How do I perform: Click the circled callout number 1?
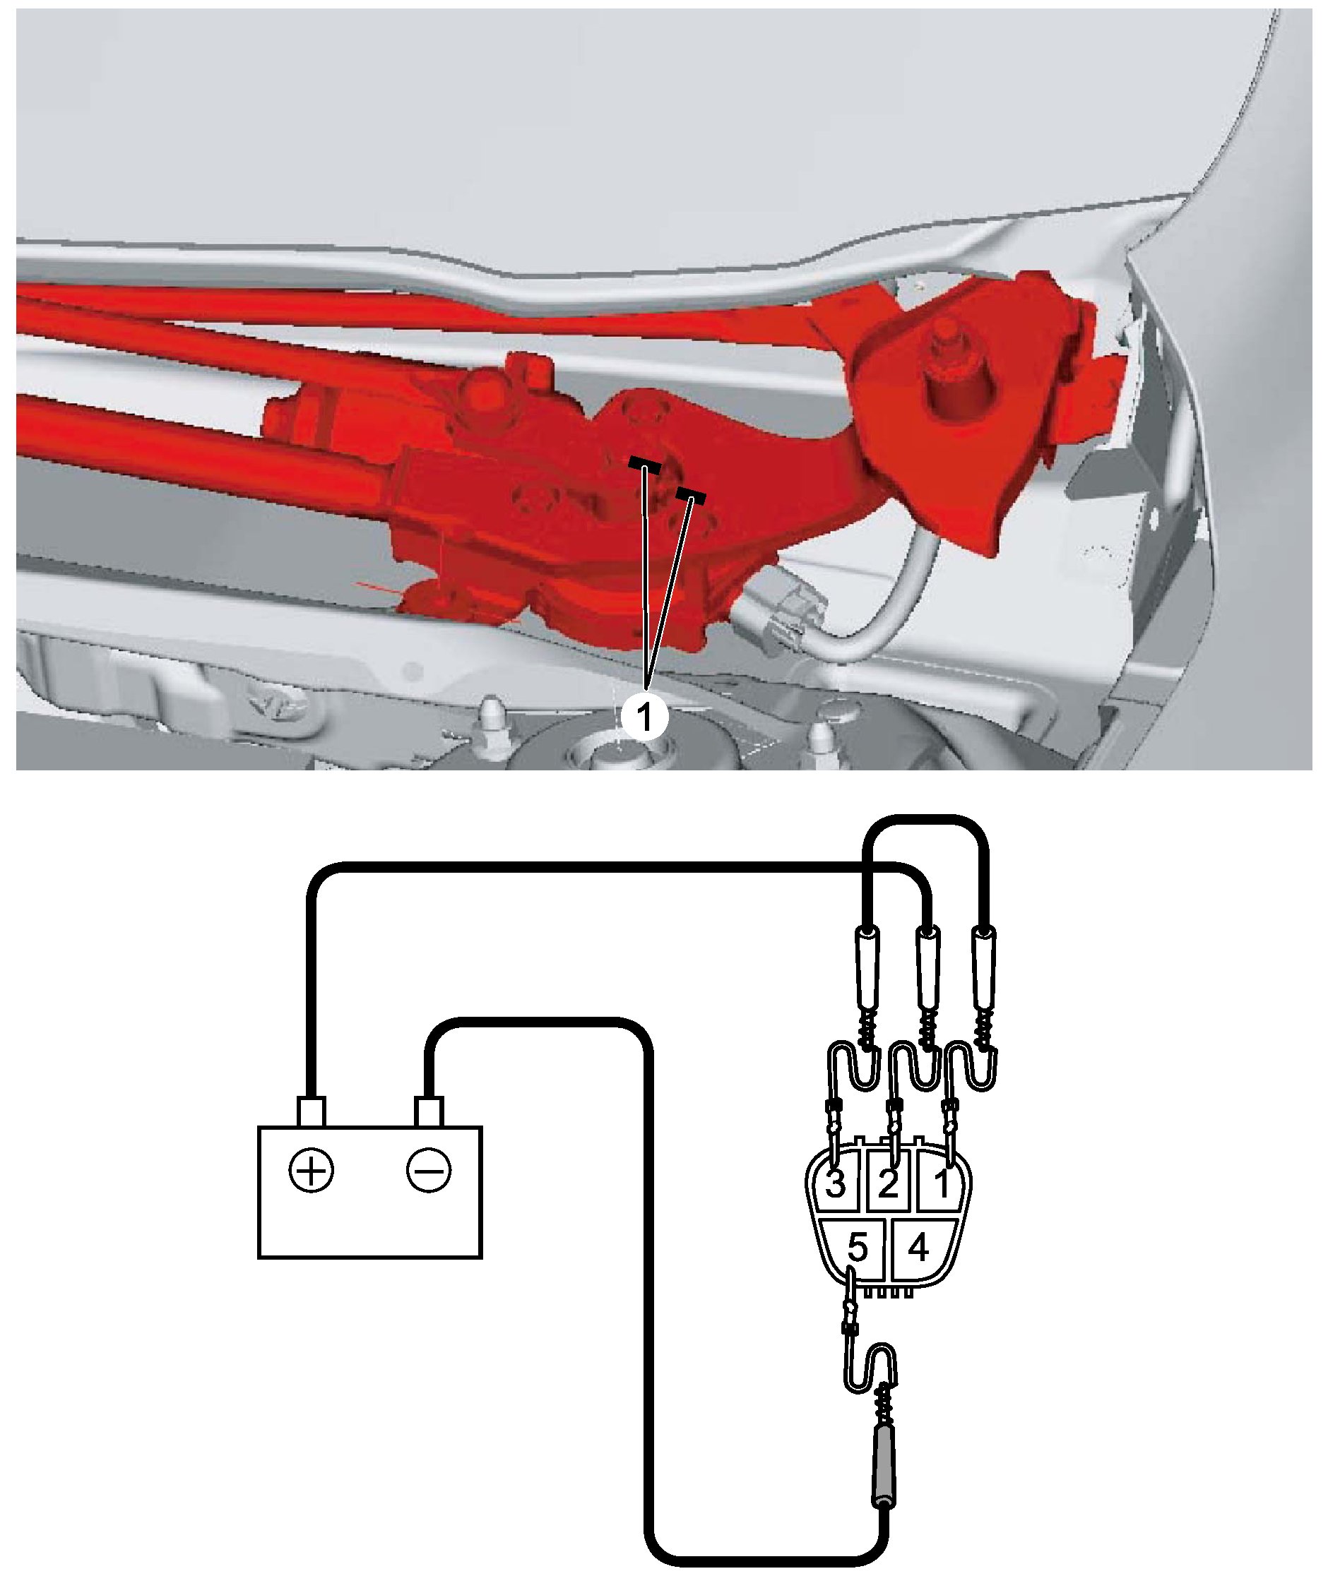(645, 717)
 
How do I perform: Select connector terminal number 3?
(835, 1185)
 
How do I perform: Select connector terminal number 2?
(889, 1185)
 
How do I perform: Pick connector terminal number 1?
(941, 1185)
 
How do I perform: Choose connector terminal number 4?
(918, 1248)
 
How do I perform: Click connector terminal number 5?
(858, 1248)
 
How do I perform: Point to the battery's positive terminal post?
(312, 1112)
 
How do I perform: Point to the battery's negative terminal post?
(428, 1112)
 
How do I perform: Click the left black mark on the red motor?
(645, 467)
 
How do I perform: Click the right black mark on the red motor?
(690, 495)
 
